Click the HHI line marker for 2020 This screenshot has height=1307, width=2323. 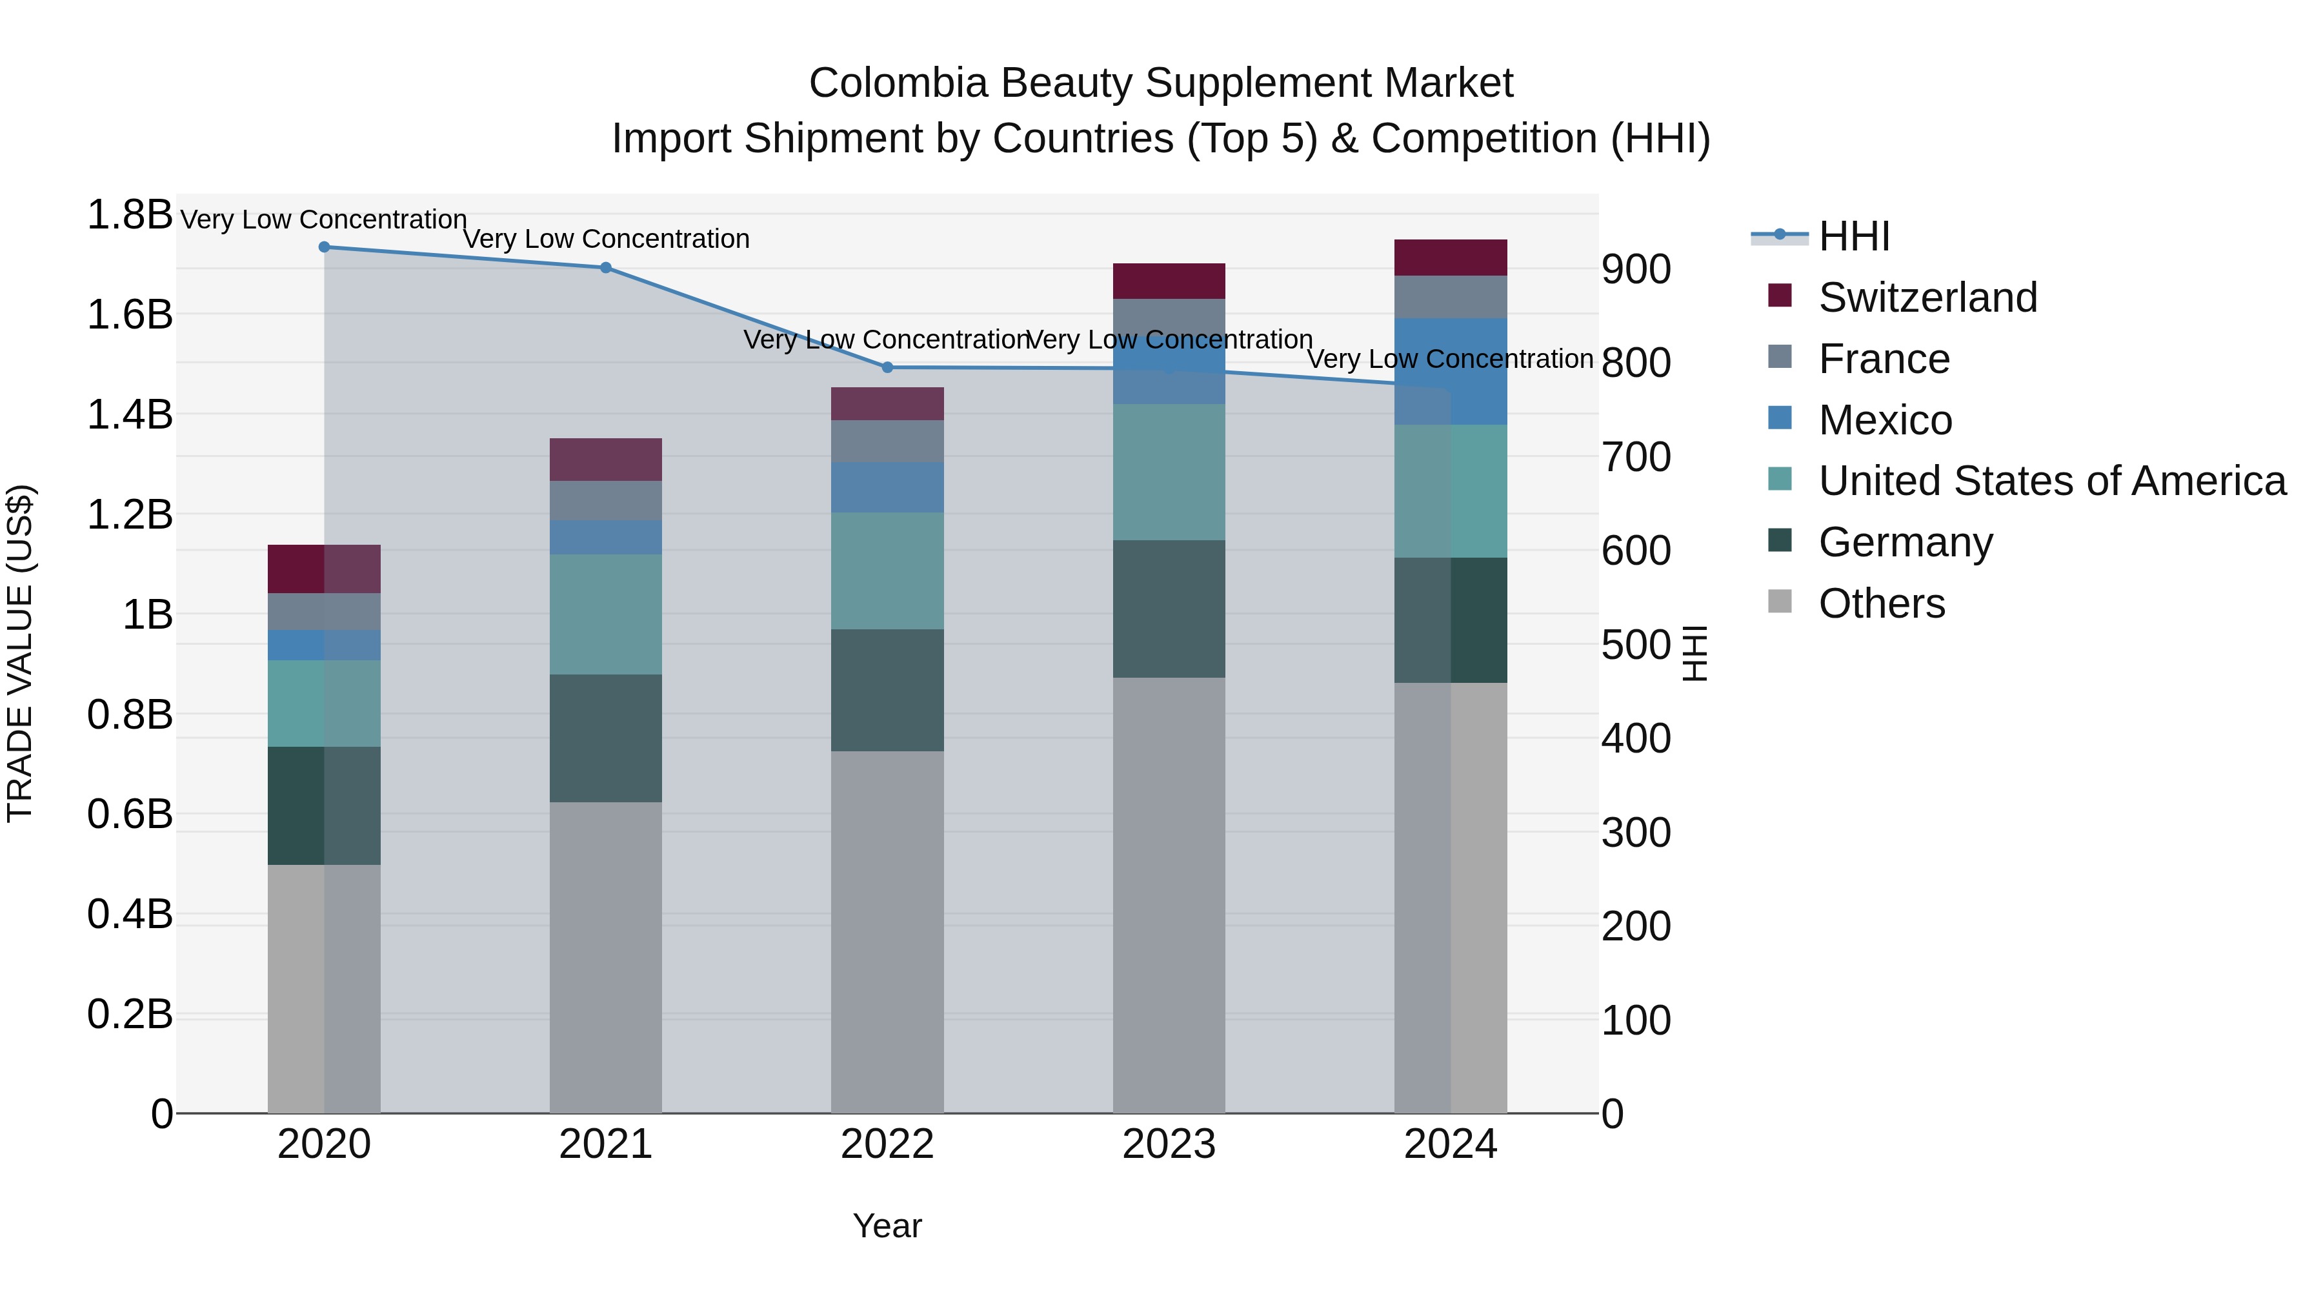(324, 247)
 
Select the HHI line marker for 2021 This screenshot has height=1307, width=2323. (606, 268)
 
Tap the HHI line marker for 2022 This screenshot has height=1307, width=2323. (887, 367)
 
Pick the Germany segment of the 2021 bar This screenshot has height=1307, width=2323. (606, 738)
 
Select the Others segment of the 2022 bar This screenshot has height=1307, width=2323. (887, 931)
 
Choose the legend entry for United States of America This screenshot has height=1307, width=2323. (2051, 481)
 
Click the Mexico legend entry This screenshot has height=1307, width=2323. (1885, 420)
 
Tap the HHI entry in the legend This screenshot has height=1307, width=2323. (1853, 236)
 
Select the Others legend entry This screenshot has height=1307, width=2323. (1881, 603)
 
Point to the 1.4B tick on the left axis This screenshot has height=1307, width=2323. (130, 415)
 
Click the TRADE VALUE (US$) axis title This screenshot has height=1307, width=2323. (21, 653)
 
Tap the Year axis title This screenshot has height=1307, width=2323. (887, 1226)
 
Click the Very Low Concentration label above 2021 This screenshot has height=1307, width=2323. (606, 239)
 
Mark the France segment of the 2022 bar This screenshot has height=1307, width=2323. (887, 441)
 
